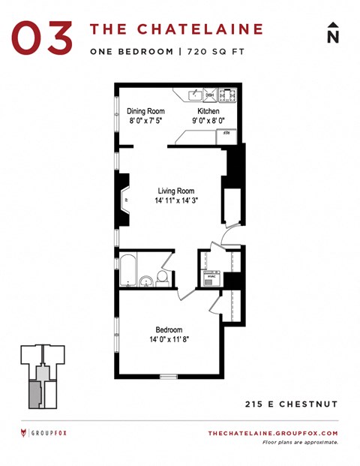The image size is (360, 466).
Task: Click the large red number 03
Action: (x=42, y=37)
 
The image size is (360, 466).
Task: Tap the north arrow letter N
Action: (x=333, y=35)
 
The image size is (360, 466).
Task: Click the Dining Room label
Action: (x=145, y=110)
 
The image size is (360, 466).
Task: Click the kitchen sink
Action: (x=193, y=95)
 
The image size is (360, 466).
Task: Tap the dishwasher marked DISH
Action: (x=210, y=95)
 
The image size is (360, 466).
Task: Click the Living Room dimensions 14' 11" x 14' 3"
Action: (x=177, y=201)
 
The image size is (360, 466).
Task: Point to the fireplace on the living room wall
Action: (x=123, y=200)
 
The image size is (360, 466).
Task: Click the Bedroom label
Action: (x=169, y=329)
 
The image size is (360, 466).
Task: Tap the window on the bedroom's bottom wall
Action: (x=169, y=375)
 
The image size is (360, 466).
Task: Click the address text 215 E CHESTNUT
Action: (x=292, y=404)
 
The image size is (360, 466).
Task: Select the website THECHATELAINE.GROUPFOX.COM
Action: (x=272, y=434)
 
